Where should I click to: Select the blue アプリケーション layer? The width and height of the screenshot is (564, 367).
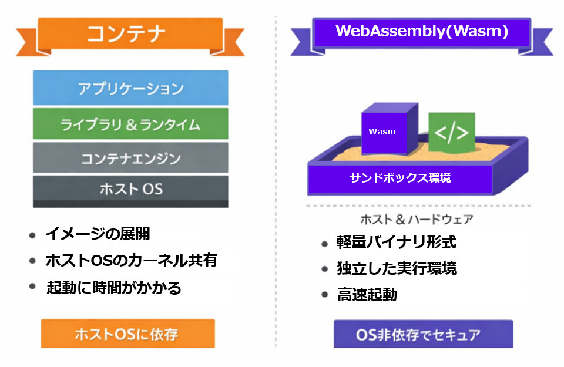pos(130,87)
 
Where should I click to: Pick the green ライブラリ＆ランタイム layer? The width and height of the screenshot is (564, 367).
pos(130,124)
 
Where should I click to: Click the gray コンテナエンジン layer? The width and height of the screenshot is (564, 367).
pos(130,158)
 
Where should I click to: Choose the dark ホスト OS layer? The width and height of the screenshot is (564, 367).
pos(130,191)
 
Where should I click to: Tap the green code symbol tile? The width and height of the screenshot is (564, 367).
pos(452,132)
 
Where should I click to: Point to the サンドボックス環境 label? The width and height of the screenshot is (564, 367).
pos(400,177)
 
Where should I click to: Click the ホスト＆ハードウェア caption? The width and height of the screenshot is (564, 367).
pos(417,219)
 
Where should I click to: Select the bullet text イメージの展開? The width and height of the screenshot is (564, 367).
pos(98,234)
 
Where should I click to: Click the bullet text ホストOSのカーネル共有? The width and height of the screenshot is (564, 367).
pos(131,260)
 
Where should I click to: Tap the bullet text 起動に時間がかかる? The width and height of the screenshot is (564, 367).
pos(113,288)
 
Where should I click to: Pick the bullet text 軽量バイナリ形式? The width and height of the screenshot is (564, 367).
pos(397,242)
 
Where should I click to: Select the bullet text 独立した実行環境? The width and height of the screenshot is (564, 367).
pos(397,268)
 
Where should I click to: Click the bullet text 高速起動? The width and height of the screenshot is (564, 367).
pos(367,294)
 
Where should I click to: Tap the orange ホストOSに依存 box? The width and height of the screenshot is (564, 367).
pos(127,334)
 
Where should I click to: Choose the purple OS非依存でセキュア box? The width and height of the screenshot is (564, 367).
pos(424,334)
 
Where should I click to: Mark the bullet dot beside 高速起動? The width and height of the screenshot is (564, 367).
pos(325,295)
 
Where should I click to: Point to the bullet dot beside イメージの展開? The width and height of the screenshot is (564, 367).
pos(32,235)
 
